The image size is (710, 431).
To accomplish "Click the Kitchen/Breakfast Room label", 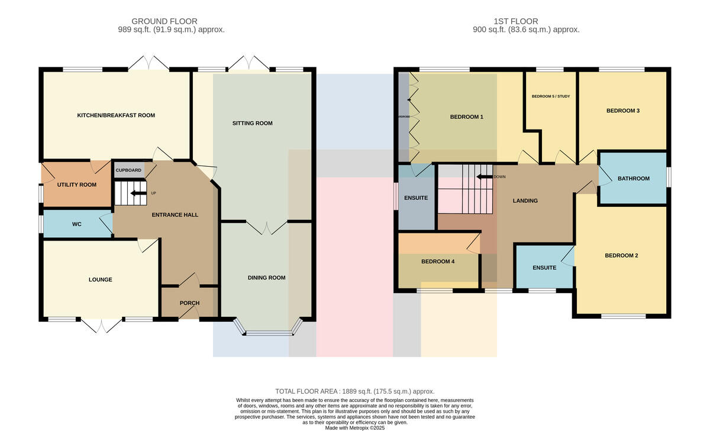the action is (116, 115).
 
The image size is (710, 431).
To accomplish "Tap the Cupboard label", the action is (128, 170).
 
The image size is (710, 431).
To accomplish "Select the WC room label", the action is (77, 224).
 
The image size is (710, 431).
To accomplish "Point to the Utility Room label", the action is (77, 184).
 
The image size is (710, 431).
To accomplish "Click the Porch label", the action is (189, 303).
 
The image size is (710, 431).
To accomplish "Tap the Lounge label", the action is (101, 280).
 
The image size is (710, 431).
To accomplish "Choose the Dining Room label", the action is (267, 278).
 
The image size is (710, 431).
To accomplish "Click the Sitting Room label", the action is (252, 123).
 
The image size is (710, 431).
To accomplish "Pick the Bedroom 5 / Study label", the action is (551, 96).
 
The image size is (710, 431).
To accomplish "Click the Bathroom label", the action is (634, 179).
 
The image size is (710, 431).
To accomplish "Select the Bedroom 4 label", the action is (438, 261).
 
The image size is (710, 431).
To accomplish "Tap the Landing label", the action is (525, 201).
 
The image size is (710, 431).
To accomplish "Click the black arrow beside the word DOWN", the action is (485, 177).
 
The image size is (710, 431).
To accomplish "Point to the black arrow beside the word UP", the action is (139, 193).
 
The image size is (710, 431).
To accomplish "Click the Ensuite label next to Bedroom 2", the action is (544, 268).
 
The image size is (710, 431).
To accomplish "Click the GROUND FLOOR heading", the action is (164, 21).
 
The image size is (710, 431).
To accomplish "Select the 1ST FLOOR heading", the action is (516, 21).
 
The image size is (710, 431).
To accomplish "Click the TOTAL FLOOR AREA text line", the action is (354, 391).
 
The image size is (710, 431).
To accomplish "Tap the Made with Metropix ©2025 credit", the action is (354, 428).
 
